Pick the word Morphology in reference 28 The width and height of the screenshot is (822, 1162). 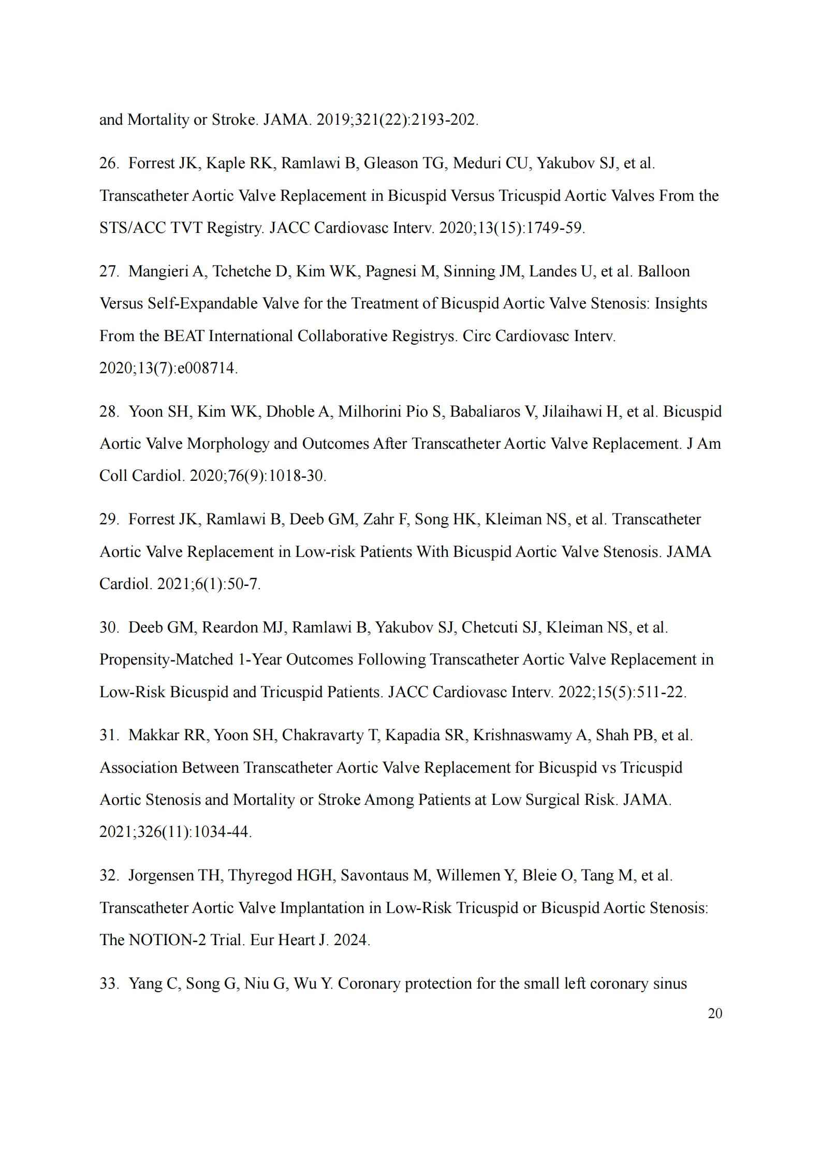(x=227, y=444)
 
